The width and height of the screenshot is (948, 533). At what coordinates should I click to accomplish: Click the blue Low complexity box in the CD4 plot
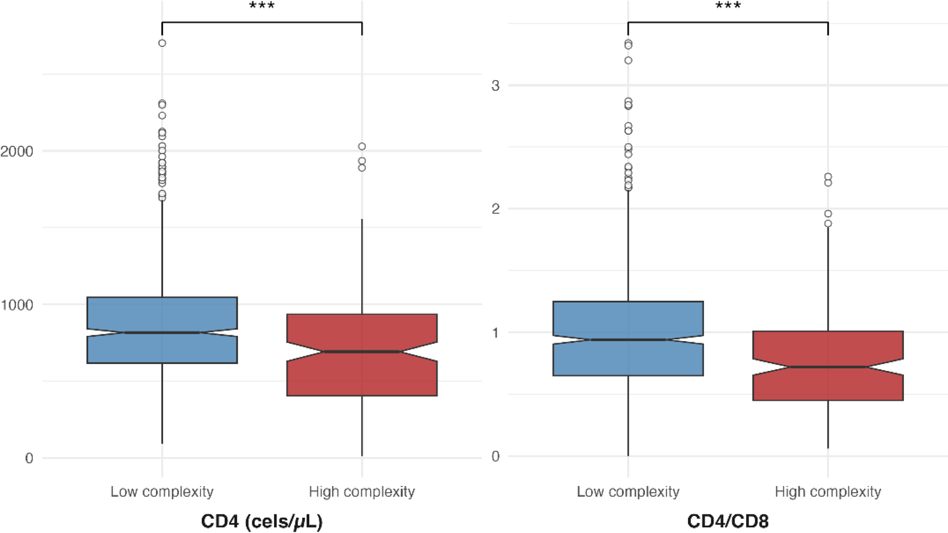(x=162, y=313)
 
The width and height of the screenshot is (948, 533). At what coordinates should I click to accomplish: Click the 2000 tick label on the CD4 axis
(x=16, y=151)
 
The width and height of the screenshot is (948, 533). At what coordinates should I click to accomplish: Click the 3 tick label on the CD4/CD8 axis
(x=495, y=86)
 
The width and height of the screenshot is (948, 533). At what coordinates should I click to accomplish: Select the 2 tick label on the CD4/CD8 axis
(x=495, y=209)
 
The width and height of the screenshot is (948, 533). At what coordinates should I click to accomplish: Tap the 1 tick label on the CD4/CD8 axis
(x=495, y=333)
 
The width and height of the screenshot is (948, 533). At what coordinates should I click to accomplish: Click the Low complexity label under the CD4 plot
(x=162, y=492)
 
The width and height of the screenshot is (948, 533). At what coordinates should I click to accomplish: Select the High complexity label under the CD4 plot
(x=362, y=492)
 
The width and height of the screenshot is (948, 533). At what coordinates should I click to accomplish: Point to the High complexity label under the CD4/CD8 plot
(x=828, y=492)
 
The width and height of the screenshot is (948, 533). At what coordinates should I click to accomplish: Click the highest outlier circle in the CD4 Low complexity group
(x=162, y=43)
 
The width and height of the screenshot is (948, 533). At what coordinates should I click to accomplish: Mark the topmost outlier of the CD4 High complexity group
(x=362, y=146)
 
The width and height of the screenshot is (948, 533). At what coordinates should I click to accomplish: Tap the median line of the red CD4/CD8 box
(x=828, y=367)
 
